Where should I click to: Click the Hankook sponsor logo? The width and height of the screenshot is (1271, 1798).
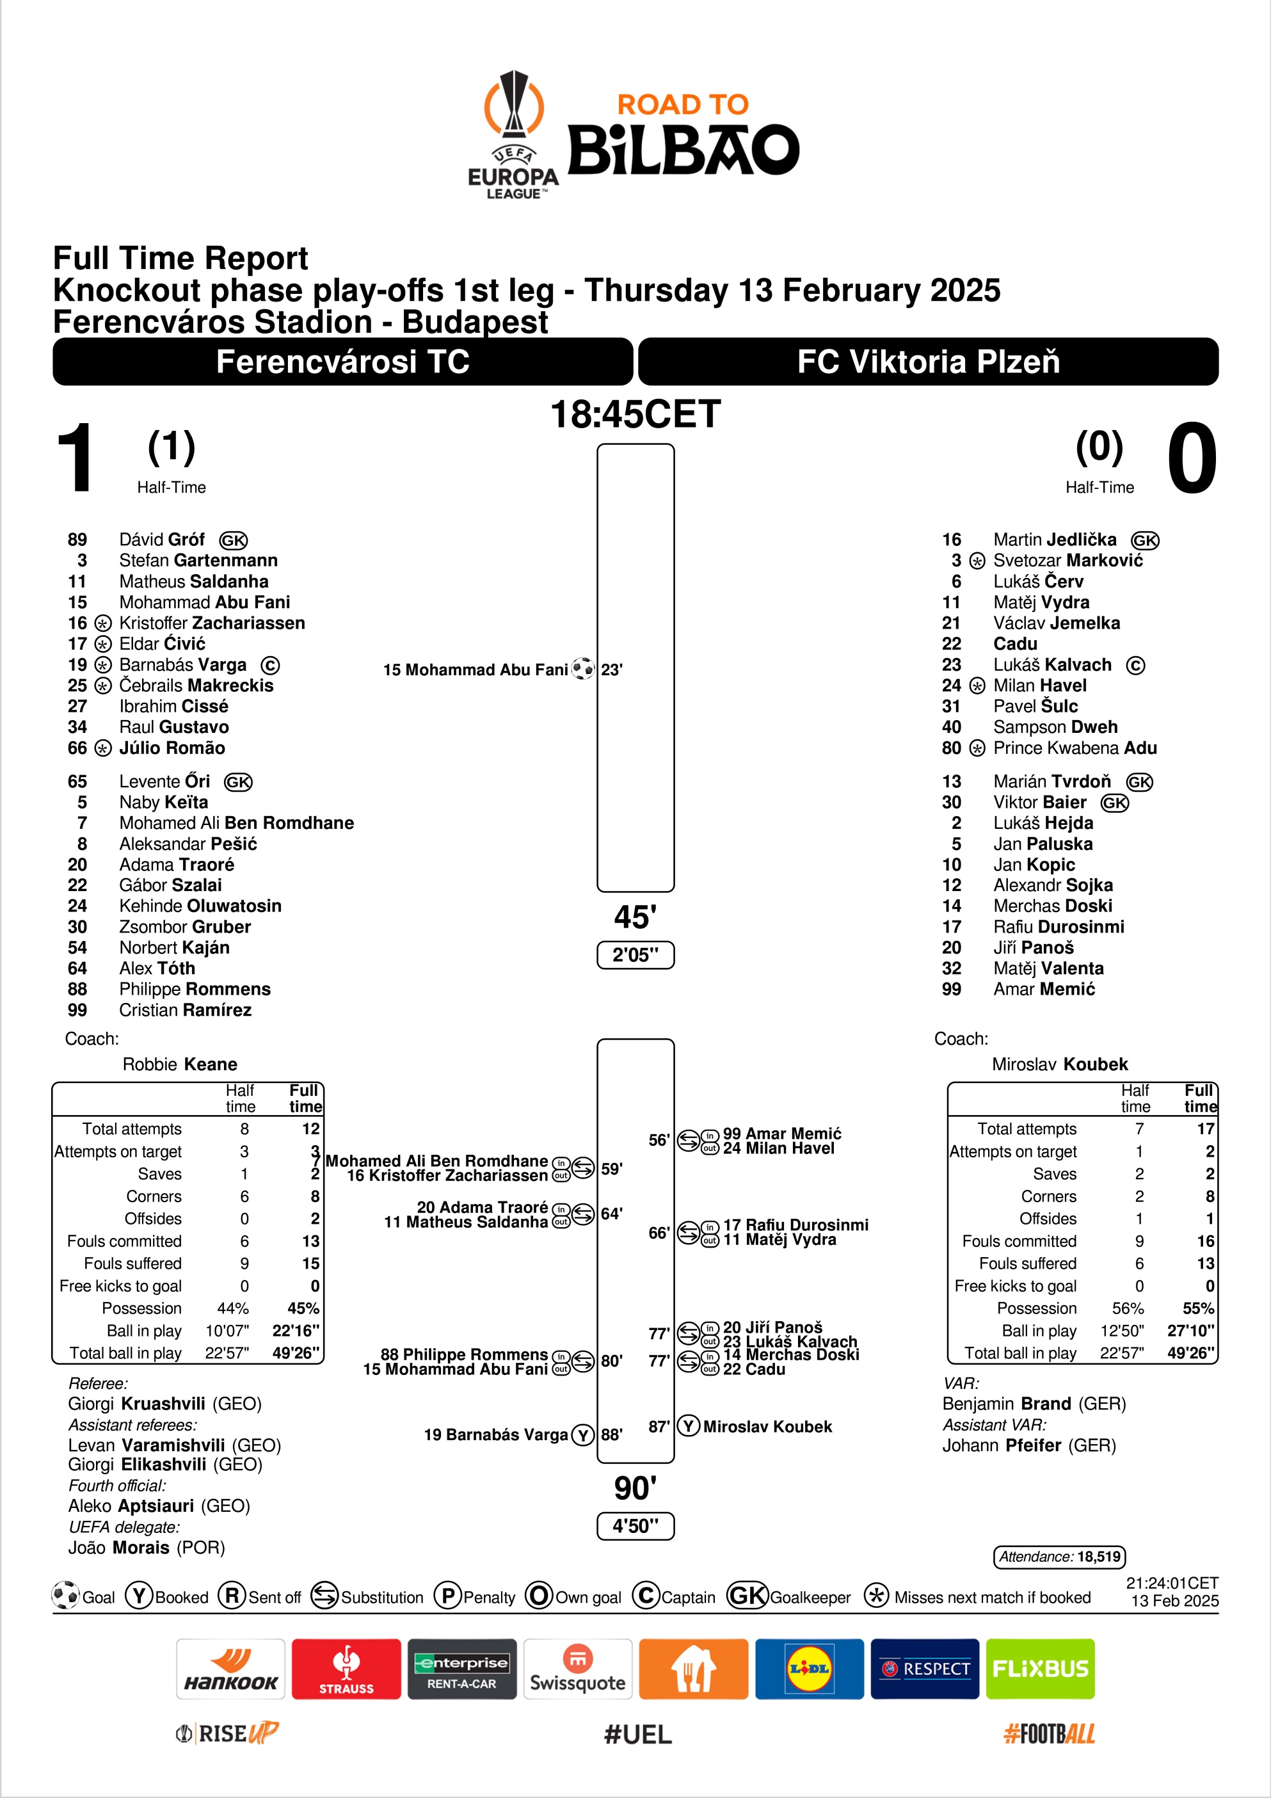[230, 1669]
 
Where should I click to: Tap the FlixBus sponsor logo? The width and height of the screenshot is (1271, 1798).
[1040, 1669]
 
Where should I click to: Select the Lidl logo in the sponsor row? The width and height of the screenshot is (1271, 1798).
[809, 1669]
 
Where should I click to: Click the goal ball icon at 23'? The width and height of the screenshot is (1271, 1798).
[582, 669]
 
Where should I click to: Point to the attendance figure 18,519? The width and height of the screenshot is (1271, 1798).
[1099, 1556]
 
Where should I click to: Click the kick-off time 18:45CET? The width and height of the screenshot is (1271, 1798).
[635, 414]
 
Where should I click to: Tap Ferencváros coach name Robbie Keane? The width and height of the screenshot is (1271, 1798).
[179, 1063]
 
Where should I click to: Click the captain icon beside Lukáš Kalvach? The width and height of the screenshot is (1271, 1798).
[1135, 665]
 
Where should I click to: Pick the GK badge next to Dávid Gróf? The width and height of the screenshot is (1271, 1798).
[234, 540]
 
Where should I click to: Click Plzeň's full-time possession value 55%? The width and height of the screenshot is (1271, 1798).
[1198, 1308]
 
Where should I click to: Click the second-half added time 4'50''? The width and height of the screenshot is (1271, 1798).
[635, 1525]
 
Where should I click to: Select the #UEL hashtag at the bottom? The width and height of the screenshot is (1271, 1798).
[637, 1734]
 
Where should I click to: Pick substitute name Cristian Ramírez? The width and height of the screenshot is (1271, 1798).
[185, 1009]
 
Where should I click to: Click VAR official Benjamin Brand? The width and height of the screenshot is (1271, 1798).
[1006, 1403]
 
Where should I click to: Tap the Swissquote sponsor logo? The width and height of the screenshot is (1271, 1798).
[577, 1669]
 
